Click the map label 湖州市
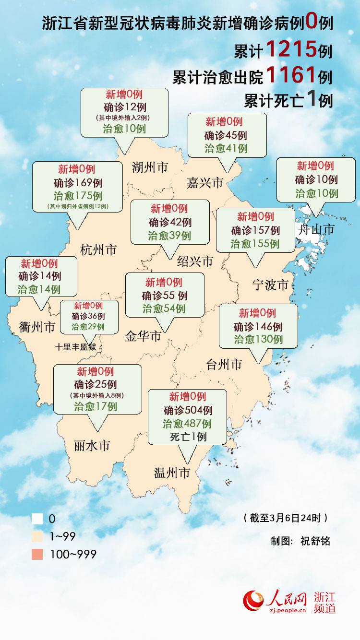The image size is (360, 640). coord(150,167)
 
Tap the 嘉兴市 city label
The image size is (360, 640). coord(205,182)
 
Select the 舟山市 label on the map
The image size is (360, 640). coord(316,229)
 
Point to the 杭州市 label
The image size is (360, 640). coord(98,250)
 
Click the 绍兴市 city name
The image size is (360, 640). coord(195,261)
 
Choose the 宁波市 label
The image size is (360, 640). coord(270,285)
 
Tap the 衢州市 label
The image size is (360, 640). coord(37,327)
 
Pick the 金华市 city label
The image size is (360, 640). coord(143,336)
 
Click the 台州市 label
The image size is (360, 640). coord(224,365)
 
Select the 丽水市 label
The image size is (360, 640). coord(92,446)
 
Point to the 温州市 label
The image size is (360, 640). coord(172,473)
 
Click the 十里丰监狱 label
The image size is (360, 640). coord(78,346)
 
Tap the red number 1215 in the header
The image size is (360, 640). coord(291,49)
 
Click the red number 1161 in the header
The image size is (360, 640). coord(291,74)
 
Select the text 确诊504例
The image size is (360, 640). coord(188,410)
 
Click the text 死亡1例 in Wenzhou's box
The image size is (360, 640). coord(188,437)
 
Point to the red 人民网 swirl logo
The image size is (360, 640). coord(253,601)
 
